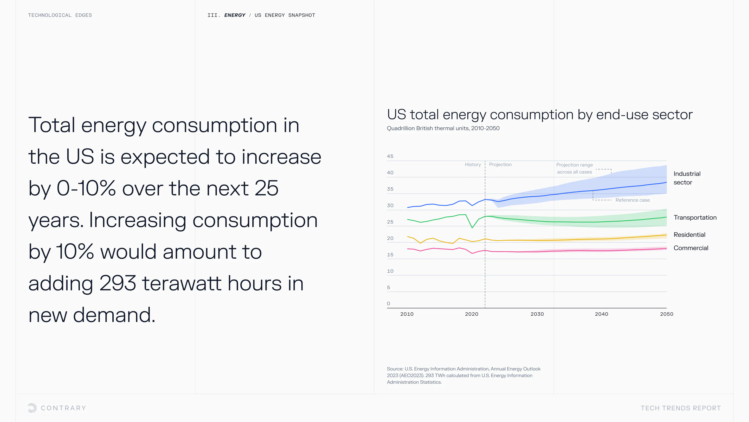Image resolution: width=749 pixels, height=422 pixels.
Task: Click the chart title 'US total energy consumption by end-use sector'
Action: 540,114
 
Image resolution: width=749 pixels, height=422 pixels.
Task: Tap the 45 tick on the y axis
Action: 390,156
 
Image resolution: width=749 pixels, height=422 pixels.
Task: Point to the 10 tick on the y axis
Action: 390,271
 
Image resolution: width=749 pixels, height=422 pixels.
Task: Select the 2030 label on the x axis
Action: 537,314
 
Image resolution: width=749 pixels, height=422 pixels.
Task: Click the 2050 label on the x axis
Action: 666,314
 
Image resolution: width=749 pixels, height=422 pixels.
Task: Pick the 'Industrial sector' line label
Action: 687,178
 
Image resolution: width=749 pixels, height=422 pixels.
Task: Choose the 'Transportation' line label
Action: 695,218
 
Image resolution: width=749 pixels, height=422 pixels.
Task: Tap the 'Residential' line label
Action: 689,235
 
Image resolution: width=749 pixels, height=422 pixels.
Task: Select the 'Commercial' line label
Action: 690,248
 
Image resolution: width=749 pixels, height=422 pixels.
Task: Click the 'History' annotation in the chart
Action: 473,165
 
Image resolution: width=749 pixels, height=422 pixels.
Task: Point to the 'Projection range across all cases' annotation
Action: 574,168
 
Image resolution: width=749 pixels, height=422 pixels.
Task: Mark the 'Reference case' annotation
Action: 632,200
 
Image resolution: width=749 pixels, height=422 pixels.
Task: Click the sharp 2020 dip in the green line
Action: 472,227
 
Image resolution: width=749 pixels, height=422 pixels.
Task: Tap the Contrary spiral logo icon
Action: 32,408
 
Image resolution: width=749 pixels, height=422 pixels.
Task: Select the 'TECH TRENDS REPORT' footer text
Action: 681,408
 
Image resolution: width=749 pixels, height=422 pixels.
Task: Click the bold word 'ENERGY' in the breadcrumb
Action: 235,15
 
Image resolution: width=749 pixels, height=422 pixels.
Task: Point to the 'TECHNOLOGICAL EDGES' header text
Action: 60,15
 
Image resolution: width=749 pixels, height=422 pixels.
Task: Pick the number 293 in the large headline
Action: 118,283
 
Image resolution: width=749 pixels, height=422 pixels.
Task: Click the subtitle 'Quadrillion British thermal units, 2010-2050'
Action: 443,128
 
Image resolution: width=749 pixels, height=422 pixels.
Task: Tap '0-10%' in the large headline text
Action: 86,188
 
